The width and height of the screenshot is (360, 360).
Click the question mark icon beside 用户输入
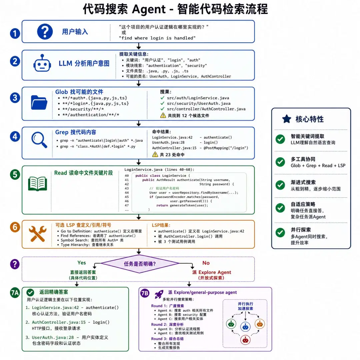45,32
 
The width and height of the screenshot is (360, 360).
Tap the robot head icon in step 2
42,63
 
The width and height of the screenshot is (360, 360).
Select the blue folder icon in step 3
39,102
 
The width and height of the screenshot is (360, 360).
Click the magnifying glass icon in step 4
39,140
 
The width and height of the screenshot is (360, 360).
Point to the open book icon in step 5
37,184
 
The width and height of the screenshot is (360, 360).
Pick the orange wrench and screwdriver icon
37,234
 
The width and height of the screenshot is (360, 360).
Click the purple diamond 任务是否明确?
140,264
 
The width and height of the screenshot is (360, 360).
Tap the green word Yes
82,263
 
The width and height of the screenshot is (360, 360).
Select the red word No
206,263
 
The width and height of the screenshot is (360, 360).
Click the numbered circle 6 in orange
15,227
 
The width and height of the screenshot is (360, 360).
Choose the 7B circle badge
145,293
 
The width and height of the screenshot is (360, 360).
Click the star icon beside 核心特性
287,119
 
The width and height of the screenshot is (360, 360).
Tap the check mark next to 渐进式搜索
280,185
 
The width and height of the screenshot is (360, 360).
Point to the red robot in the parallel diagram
245,340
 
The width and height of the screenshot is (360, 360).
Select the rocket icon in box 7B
159,294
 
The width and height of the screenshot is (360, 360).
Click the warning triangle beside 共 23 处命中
155,154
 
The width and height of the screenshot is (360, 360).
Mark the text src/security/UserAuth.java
199,103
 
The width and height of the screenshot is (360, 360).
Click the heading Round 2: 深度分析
167,324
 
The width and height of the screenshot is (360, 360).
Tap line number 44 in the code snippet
127,193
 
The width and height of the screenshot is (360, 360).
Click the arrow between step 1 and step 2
139,46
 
